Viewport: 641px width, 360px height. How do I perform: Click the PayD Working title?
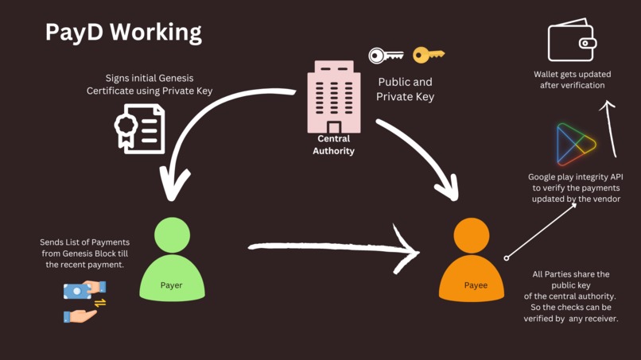123,32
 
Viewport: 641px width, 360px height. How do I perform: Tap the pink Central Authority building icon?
333,96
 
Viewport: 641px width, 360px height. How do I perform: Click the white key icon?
386,56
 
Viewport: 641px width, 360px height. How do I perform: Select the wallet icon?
572,41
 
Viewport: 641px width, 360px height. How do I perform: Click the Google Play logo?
576,144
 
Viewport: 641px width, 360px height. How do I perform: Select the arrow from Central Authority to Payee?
418,155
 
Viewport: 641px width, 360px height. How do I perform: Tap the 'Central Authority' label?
333,145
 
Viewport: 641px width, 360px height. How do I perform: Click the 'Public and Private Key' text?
405,89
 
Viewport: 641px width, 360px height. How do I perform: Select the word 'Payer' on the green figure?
172,285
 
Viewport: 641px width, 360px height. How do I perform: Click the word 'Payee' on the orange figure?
476,285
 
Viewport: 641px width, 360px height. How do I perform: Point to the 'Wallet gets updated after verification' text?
572,79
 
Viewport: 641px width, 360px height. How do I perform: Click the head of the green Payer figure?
172,235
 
